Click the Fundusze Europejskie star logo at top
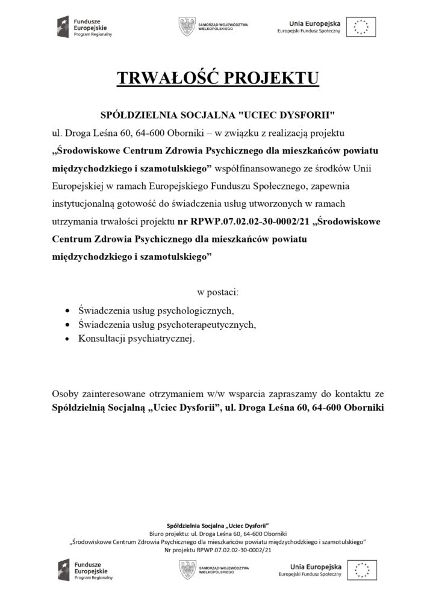63,26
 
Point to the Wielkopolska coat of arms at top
187,26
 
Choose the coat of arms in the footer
187,569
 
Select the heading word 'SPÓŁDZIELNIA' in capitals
137,114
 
